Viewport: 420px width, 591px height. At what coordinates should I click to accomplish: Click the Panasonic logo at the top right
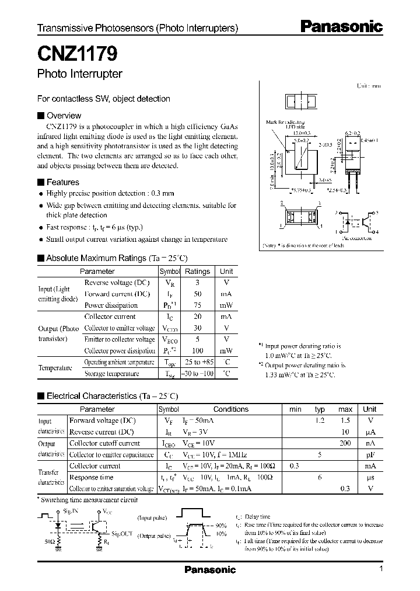[341, 26]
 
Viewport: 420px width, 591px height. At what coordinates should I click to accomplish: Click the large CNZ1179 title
[78, 54]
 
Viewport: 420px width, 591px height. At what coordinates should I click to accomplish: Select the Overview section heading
[63, 116]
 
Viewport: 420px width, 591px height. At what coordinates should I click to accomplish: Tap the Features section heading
[62, 182]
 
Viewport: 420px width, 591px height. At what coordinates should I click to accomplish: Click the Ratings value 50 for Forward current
[197, 294]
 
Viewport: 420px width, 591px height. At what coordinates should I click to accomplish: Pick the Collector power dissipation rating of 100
[197, 350]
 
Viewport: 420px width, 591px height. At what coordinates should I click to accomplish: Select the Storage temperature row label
[111, 373]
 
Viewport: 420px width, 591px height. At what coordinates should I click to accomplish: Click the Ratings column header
[197, 271]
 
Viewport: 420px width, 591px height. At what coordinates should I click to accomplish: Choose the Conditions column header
[231, 409]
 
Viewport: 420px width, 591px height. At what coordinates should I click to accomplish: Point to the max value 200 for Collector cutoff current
[345, 443]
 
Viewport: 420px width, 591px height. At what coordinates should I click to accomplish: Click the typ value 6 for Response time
[320, 477]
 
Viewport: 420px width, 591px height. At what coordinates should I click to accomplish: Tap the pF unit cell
[370, 454]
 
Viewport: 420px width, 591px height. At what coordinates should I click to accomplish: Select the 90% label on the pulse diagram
[220, 526]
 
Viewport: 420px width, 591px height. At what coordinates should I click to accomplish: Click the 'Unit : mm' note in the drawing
[369, 86]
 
